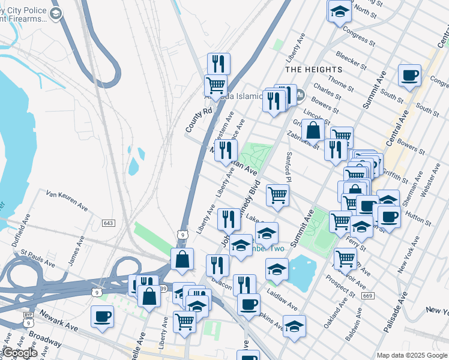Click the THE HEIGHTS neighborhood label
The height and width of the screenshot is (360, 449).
(313, 70)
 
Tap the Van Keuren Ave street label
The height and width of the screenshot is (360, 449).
(67, 201)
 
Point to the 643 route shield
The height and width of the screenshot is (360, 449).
(108, 223)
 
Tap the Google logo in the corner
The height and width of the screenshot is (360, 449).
(19, 353)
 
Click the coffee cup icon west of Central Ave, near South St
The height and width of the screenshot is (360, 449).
(409, 76)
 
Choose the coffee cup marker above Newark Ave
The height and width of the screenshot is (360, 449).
(102, 316)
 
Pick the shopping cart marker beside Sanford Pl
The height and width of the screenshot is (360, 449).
(277, 195)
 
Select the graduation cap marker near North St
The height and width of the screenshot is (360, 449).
(339, 11)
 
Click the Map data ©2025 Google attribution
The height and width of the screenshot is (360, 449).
(411, 355)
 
